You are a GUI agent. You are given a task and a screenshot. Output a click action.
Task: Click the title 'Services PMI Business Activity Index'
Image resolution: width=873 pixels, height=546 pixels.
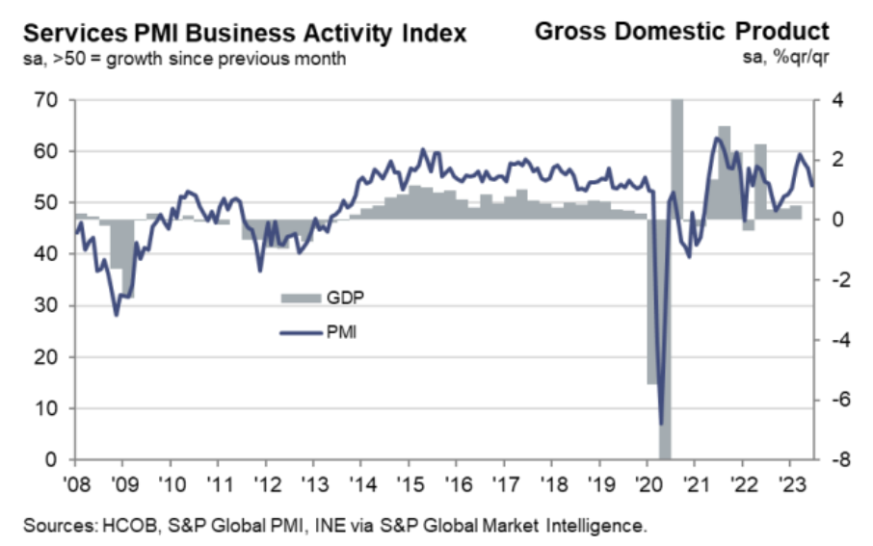click(x=245, y=34)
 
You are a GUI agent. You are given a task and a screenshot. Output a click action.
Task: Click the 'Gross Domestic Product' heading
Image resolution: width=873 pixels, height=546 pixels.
click(x=682, y=31)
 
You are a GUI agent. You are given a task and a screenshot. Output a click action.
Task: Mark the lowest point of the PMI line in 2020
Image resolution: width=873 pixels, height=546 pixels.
click(x=661, y=424)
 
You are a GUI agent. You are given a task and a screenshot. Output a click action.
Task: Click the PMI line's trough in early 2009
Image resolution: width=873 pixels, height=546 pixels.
click(x=117, y=315)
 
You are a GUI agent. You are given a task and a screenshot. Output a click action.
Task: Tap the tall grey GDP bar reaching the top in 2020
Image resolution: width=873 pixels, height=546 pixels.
click(x=676, y=154)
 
